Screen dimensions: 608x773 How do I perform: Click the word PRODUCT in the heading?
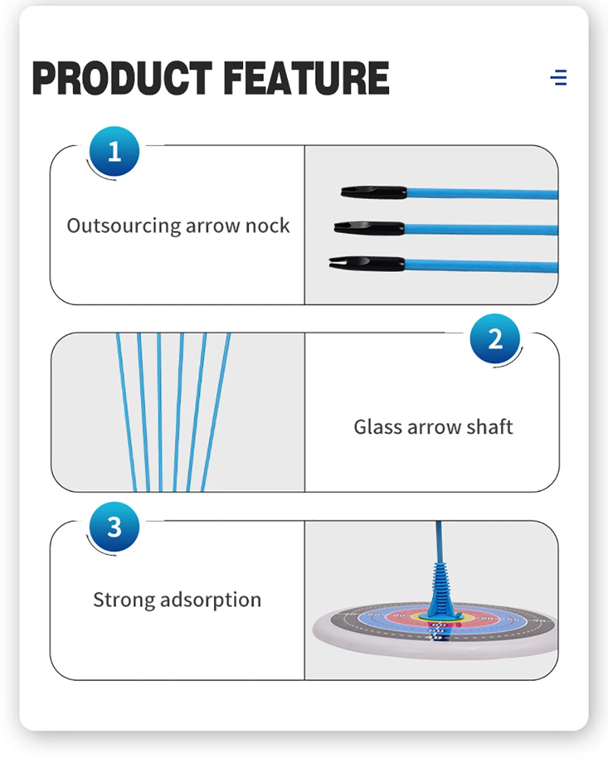(x=122, y=78)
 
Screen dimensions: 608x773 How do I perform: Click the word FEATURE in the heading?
(x=306, y=78)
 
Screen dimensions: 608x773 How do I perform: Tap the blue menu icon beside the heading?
(x=559, y=78)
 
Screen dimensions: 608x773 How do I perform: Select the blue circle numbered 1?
(x=114, y=151)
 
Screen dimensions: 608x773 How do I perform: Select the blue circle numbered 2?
(x=495, y=339)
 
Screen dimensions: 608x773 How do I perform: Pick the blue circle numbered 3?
(x=114, y=527)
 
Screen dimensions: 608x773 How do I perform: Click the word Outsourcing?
(x=124, y=226)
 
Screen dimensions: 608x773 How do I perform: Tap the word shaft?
(x=489, y=427)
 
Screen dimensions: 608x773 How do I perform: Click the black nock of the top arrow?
(x=374, y=193)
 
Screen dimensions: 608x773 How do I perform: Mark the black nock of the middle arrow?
(x=369, y=228)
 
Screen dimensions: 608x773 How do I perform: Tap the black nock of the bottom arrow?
(x=367, y=264)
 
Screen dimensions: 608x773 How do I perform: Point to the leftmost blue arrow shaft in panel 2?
(x=126, y=412)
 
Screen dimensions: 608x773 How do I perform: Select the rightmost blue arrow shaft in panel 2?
(x=216, y=412)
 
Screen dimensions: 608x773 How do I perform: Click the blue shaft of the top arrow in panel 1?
(x=482, y=193)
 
